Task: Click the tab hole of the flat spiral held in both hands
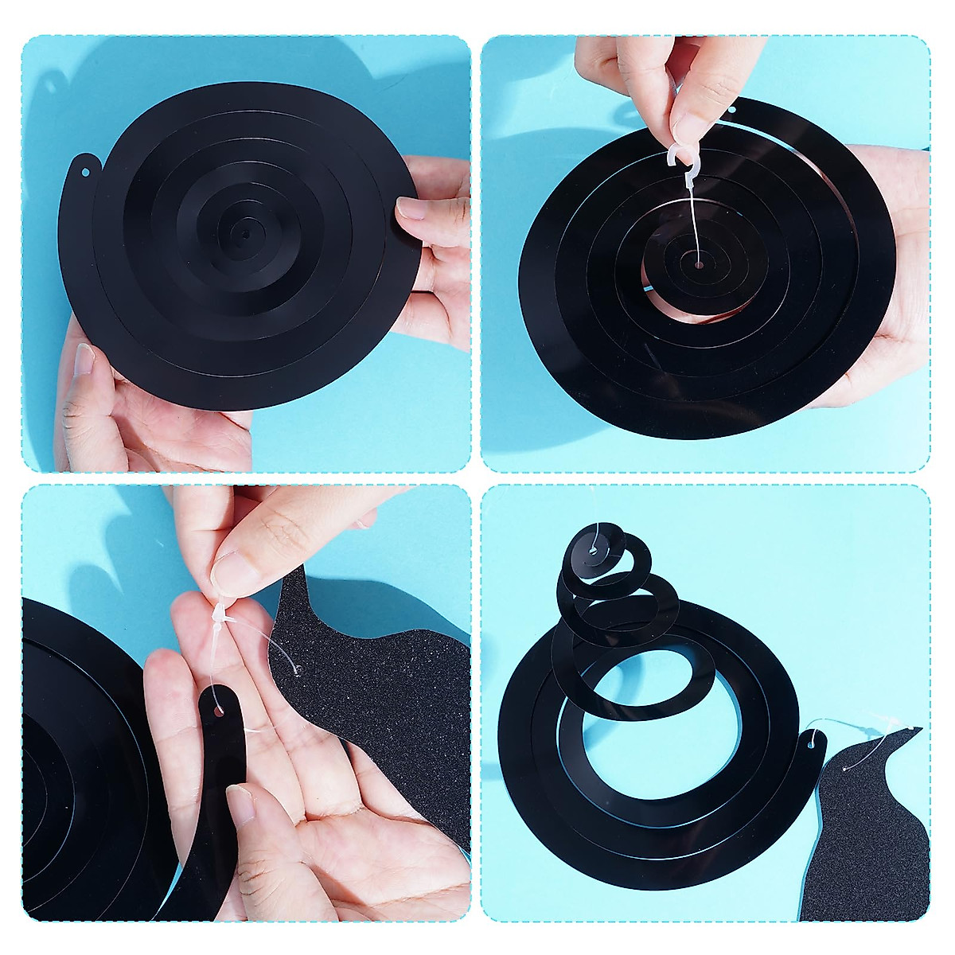coord(85,169)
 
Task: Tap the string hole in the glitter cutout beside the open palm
coord(298,671)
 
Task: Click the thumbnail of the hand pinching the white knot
coord(232,569)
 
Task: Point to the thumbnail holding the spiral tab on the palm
coord(242,804)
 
